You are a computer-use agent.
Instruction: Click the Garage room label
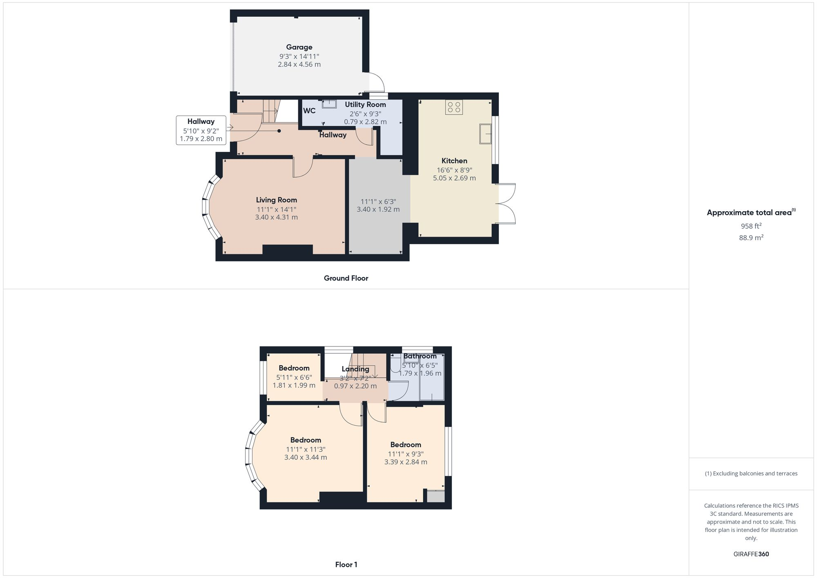pos(299,47)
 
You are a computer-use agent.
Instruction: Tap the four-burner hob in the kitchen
pos(454,107)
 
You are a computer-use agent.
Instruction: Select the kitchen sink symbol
pos(486,134)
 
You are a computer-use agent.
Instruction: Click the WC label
pos(309,111)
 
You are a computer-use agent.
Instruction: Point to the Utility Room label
pos(365,105)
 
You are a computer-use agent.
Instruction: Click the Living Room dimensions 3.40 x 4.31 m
pos(277,217)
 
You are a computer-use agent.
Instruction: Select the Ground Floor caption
pos(346,278)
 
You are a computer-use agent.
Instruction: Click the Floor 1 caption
pos(346,565)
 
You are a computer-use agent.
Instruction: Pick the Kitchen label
pos(454,161)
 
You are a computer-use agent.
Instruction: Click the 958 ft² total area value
pos(751,226)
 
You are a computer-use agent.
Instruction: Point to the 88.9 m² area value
pos(751,237)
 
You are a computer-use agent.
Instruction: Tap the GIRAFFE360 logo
pos(751,554)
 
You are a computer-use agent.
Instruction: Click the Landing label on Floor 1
pos(355,369)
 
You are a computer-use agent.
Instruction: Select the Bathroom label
pos(420,356)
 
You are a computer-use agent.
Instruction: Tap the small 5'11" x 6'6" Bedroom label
pos(294,368)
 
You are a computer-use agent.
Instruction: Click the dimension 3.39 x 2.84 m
pos(406,462)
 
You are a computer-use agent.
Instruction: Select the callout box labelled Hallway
pos(201,130)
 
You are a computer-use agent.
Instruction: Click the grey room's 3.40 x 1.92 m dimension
pos(378,209)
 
